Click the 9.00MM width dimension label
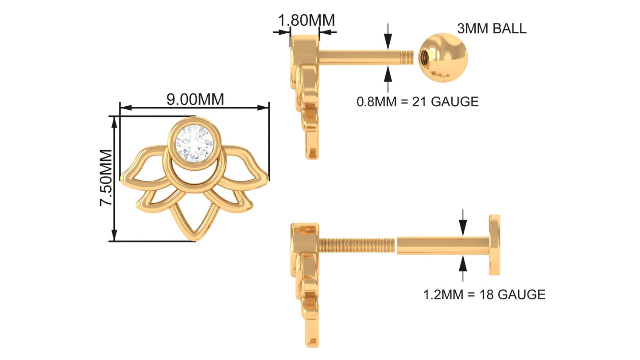195,99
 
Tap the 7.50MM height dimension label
106,178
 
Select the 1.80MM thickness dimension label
306,20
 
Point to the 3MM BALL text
492,28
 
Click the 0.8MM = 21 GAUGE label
418,102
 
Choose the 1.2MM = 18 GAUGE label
484,294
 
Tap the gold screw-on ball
443,58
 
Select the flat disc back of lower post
494,245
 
